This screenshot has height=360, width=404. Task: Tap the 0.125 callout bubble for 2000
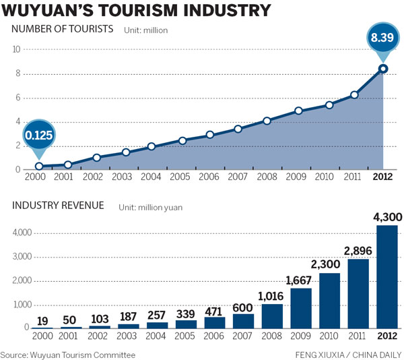tap(39, 136)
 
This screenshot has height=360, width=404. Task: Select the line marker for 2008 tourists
tap(267, 121)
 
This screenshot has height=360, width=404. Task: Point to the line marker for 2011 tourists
tap(354, 95)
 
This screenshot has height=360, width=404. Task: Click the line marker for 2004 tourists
tap(152, 146)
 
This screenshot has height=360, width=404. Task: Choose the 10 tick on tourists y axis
tap(16, 49)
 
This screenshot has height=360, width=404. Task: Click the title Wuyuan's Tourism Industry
tap(137, 11)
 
